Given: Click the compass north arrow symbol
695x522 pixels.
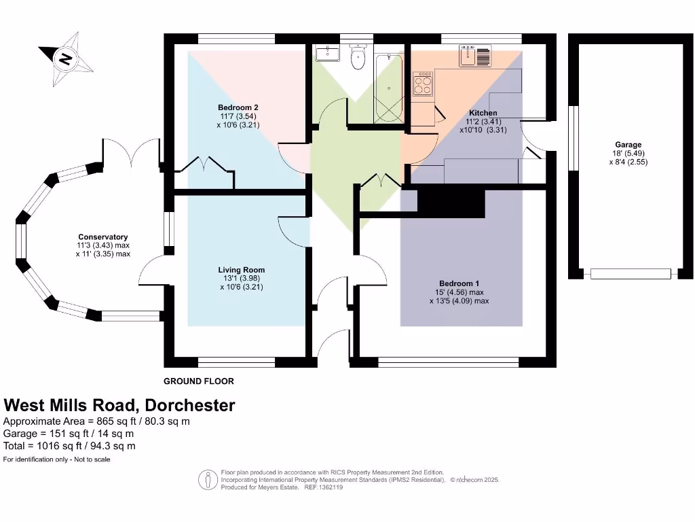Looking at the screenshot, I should pyautogui.click(x=66, y=58).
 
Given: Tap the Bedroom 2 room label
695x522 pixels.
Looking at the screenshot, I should pyautogui.click(x=238, y=107).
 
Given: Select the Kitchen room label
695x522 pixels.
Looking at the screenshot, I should pyautogui.click(x=483, y=113).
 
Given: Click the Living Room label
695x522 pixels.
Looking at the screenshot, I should pyautogui.click(x=241, y=270).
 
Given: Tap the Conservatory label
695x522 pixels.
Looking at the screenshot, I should pyautogui.click(x=103, y=237).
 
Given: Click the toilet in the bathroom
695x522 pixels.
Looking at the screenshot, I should pyautogui.click(x=357, y=58).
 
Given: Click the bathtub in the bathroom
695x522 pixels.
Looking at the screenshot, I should pyautogui.click(x=388, y=88).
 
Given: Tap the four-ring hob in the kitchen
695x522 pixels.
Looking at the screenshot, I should pyautogui.click(x=424, y=85).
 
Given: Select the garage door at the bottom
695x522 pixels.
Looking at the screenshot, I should pyautogui.click(x=631, y=274).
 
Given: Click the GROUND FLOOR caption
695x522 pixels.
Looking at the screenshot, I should pyautogui.click(x=198, y=381).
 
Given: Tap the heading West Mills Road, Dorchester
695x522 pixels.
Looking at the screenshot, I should pyautogui.click(x=119, y=406).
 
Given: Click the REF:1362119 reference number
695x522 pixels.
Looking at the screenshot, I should pyautogui.click(x=324, y=487).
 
